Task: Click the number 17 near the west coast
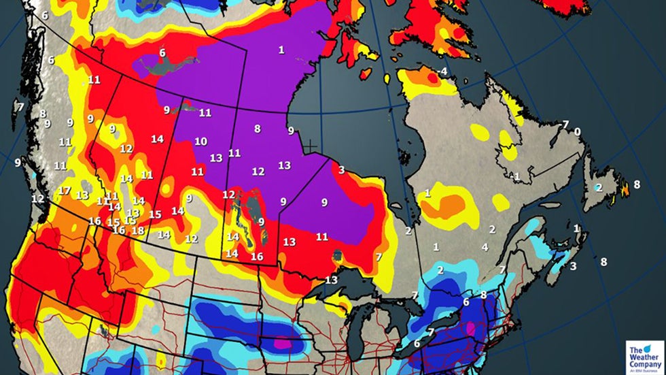pos(64,191)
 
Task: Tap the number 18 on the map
pos(137,231)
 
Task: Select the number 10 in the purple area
pos(200,142)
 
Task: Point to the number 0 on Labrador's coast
pos(577,132)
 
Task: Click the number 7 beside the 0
pos(565,125)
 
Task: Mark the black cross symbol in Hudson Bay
pos(310,146)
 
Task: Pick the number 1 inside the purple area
pos(281,50)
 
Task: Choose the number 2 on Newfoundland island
pos(599,187)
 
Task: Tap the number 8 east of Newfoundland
pos(637,184)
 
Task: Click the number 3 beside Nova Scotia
pos(573,266)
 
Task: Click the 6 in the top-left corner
pos(45,15)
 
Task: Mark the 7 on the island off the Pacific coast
pos(20,107)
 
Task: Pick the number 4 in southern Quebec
pos(485,247)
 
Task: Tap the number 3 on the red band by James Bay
pos(341,169)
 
